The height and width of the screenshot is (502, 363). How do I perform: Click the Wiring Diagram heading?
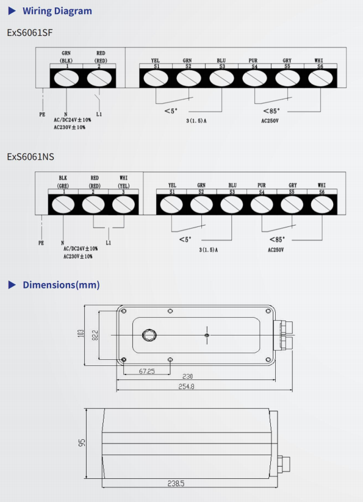coord(57,11)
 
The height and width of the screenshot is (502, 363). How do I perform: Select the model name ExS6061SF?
coord(30,33)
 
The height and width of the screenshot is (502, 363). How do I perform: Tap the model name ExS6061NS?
coord(31,157)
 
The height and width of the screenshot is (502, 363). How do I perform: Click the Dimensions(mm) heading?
coord(61,285)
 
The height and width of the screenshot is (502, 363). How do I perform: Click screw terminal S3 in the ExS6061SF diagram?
coord(222,78)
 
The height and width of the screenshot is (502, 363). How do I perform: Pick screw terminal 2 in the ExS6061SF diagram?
coord(99,78)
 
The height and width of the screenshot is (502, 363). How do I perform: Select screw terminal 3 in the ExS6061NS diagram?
coord(124,204)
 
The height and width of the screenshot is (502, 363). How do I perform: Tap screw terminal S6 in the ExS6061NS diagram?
coord(322,204)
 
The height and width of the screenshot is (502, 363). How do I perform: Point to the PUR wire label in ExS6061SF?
coord(253,60)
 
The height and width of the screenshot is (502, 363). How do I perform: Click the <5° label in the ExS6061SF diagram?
coord(171,111)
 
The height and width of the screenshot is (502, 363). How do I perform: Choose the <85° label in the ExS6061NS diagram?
coord(277,240)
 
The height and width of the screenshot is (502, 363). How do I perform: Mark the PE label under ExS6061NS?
coord(41,243)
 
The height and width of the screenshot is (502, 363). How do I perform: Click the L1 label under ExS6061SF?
coord(99,114)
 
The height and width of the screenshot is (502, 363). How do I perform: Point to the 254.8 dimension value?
coord(186,387)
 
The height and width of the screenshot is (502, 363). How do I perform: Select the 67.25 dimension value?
coord(146,371)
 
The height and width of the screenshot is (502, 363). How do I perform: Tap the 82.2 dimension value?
coord(95,335)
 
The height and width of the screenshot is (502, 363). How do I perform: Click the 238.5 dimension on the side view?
coord(176,484)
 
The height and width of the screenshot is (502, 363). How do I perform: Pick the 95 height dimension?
coord(82,443)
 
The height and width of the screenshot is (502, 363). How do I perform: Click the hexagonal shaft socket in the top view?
coord(149,335)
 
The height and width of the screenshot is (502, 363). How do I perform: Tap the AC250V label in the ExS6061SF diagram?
coord(270,121)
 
